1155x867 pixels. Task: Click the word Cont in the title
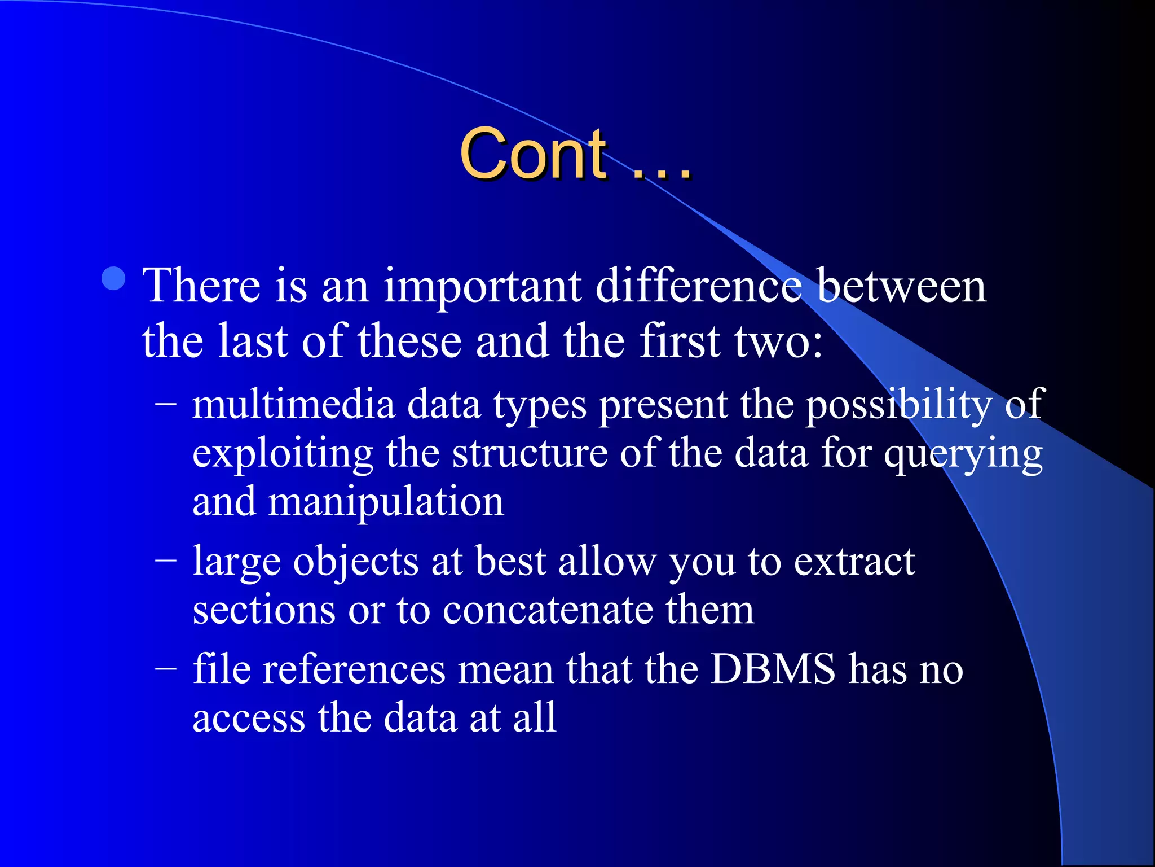coord(533,154)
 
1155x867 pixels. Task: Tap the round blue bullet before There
coord(114,278)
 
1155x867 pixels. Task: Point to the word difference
coord(698,286)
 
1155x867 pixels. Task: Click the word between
coord(901,286)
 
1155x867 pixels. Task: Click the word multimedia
coord(293,405)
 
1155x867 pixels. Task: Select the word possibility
coord(897,406)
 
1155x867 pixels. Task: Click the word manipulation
coord(385,502)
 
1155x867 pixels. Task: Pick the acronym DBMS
coord(773,669)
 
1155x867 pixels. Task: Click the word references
coord(354,670)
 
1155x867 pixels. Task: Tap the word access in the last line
coord(248,718)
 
